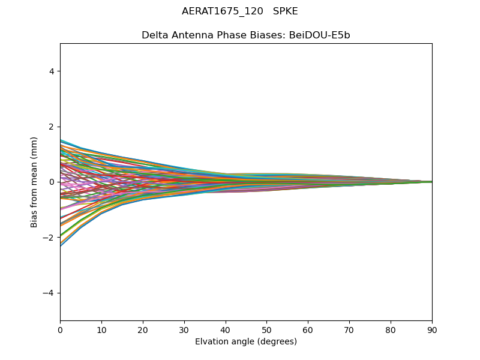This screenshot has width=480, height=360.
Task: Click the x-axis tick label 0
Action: [x=60, y=329]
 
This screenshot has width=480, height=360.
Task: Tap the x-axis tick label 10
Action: [x=101, y=329]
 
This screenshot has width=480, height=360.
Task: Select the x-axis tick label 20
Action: [x=143, y=329]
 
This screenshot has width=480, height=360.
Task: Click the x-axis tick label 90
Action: [x=432, y=329]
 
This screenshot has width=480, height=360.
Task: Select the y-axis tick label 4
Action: [x=52, y=71]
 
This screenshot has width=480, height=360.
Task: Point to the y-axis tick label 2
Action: [x=52, y=127]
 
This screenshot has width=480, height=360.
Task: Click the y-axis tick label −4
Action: [x=49, y=293]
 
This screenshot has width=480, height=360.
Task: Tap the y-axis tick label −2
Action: [x=49, y=238]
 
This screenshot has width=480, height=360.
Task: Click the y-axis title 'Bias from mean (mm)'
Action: [x=35, y=182]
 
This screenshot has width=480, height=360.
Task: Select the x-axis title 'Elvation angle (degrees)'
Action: [x=246, y=342]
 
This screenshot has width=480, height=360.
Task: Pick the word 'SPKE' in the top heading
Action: [x=286, y=11]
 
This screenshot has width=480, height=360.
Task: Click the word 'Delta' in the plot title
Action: [x=154, y=35]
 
